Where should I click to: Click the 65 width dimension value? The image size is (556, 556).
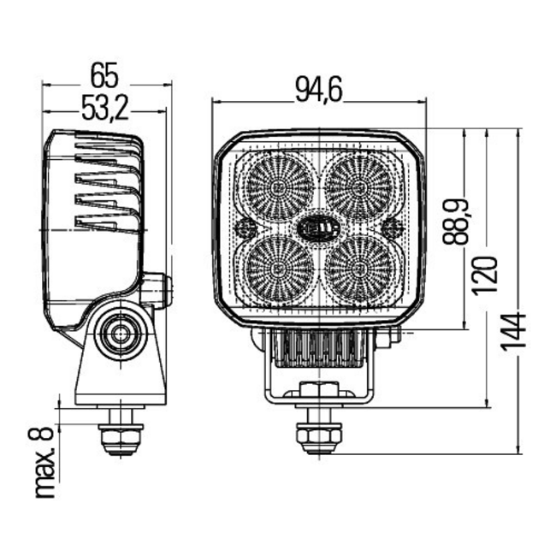pos(104,75)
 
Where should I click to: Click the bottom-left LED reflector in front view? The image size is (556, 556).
pos(277,267)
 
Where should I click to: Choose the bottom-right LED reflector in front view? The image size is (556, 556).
pos(360,267)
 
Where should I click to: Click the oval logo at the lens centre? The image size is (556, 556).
pos(318,227)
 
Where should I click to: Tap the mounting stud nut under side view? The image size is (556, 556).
pos(119,439)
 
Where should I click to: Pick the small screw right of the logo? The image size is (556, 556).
pos(393,228)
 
